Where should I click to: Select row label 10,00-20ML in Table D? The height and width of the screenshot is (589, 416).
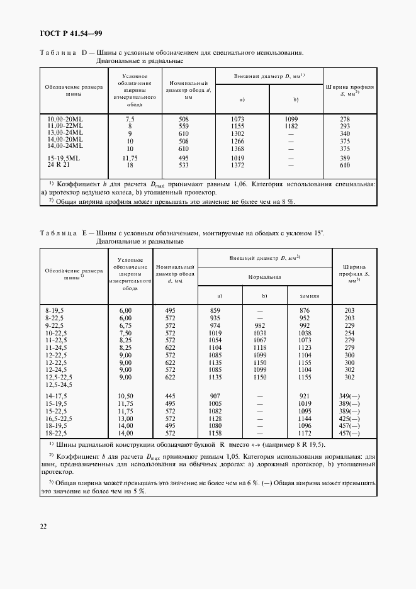[65, 119]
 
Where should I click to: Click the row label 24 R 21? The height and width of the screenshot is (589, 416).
[59, 164]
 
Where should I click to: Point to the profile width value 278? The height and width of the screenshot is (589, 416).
[345, 119]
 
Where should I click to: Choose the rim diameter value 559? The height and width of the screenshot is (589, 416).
[183, 126]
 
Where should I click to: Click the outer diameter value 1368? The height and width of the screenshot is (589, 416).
[242, 149]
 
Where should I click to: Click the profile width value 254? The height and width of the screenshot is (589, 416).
[350, 332]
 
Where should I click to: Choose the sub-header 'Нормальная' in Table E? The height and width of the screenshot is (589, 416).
[264, 276]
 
